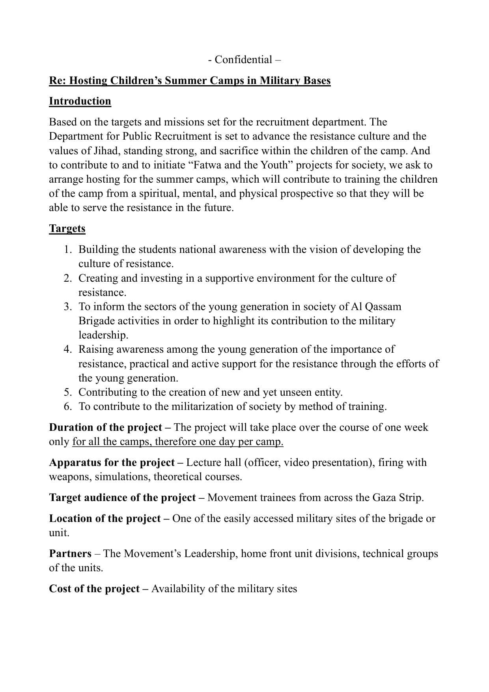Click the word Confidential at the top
coord(243,60)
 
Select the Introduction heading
coord(80,101)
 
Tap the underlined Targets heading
coord(67,229)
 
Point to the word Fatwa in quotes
coord(209,165)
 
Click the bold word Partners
coord(70,554)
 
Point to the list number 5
coord(68,393)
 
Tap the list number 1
coord(68,250)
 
